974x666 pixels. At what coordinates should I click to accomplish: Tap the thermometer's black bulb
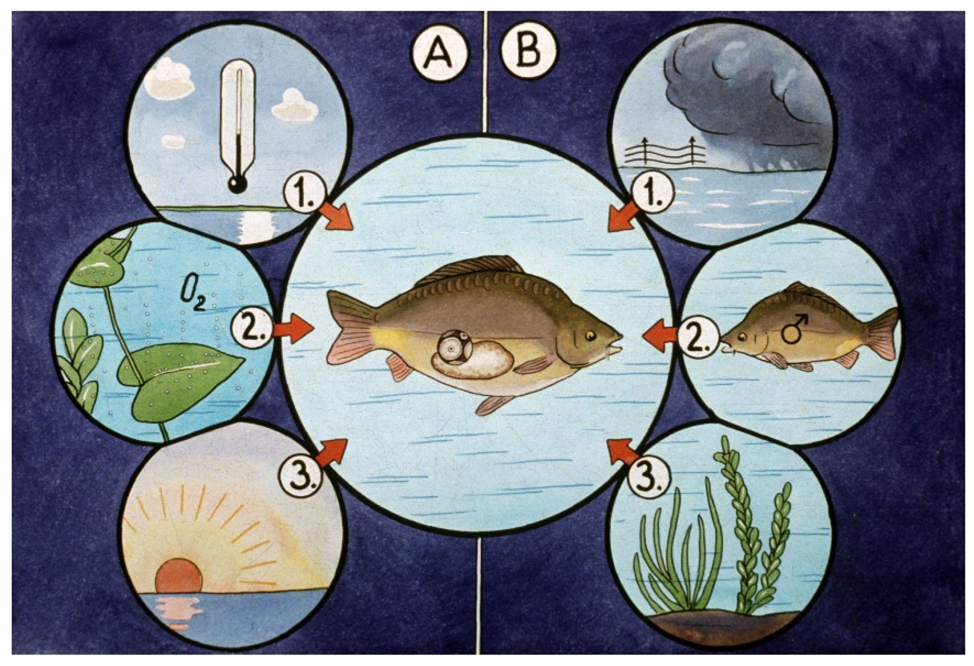pyautogui.click(x=237, y=184)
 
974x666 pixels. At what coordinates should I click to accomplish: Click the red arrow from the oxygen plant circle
pyautogui.click(x=292, y=329)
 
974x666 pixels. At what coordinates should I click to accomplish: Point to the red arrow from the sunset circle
pyautogui.click(x=332, y=454)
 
